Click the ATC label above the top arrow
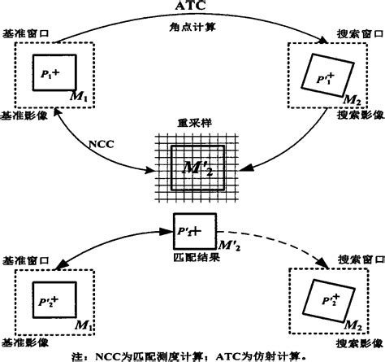pyautogui.click(x=192, y=7)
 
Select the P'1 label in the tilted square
pyautogui.click(x=321, y=75)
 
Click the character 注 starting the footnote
pyautogui.click(x=78, y=355)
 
